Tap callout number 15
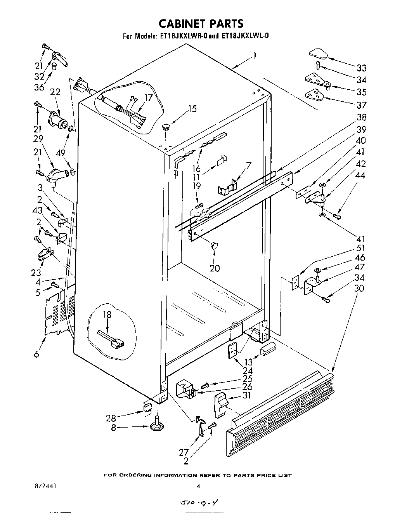[192, 109]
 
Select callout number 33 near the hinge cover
[361, 68]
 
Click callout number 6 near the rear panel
[36, 354]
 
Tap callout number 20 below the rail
[215, 268]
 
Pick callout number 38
[361, 117]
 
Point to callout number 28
[111, 418]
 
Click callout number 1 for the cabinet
[255, 56]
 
